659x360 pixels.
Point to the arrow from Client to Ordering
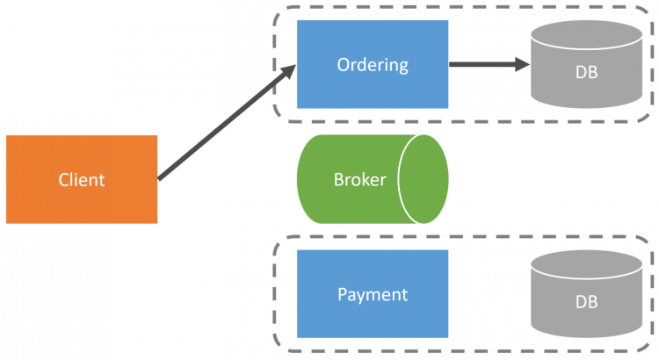tap(224, 128)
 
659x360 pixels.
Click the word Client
tap(82, 180)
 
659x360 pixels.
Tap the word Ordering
tap(373, 64)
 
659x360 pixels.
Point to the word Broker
tap(359, 180)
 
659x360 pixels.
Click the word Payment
tap(373, 294)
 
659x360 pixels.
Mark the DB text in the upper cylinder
tap(587, 72)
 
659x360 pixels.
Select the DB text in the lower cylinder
tap(587, 301)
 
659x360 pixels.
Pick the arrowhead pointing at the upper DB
tap(519, 64)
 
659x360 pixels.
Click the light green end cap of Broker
tap(424, 179)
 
